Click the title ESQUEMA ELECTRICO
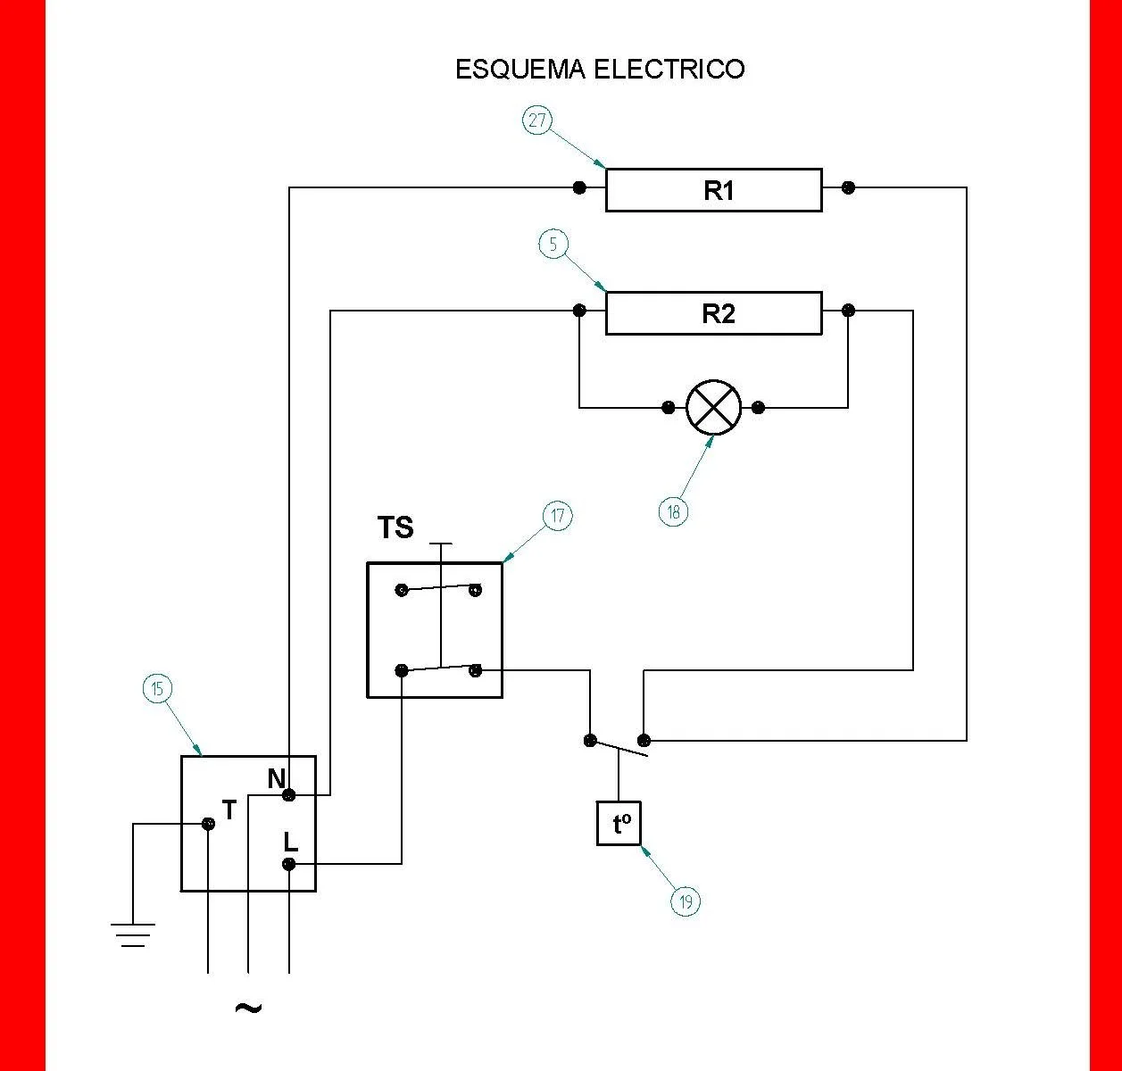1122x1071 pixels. (x=600, y=70)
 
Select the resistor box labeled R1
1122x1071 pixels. (x=713, y=190)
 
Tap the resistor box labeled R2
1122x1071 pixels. (x=713, y=313)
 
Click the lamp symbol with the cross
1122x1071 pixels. (x=713, y=408)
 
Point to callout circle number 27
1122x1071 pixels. (x=537, y=120)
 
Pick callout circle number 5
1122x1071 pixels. (x=554, y=244)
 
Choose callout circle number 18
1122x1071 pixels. (x=674, y=511)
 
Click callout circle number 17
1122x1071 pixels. (x=558, y=516)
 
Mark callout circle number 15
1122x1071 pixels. (x=157, y=689)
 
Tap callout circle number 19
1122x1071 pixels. (x=686, y=901)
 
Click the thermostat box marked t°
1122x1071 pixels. (x=619, y=823)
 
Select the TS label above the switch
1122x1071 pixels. (x=395, y=527)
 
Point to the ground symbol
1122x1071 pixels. (x=133, y=934)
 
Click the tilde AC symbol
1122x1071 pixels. (x=248, y=1009)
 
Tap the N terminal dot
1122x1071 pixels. (x=289, y=794)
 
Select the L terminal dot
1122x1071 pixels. (x=289, y=864)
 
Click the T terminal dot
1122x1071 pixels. (x=208, y=824)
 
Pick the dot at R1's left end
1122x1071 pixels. (x=579, y=187)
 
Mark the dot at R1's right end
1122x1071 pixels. (x=849, y=187)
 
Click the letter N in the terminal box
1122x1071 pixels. (x=276, y=778)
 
